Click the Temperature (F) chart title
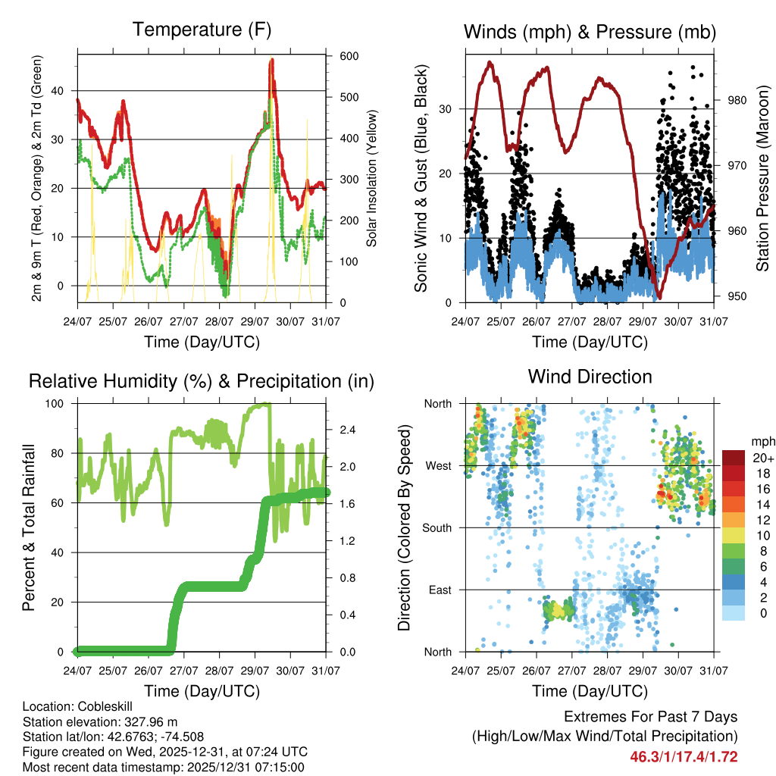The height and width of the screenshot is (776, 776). [x=202, y=30]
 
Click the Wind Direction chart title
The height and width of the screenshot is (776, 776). [x=590, y=377]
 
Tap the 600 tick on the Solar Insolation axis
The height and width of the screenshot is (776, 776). [x=349, y=56]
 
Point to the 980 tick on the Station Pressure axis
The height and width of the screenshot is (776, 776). [x=739, y=100]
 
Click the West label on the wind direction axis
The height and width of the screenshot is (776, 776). [x=439, y=465]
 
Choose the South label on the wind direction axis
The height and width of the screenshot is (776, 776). [x=436, y=527]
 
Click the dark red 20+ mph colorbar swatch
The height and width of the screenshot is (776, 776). [x=733, y=458]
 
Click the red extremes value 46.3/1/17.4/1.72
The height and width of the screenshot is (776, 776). [x=684, y=756]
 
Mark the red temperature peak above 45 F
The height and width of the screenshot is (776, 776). [x=271, y=61]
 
